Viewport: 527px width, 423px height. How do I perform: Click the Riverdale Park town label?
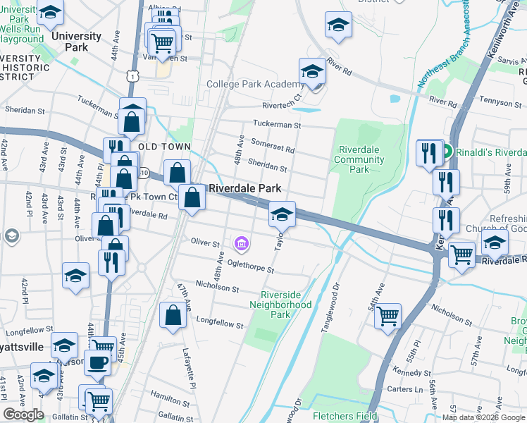[x=245, y=189]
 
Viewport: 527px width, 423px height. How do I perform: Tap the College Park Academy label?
[x=255, y=84]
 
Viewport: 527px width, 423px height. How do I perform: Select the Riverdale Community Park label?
[x=360, y=159]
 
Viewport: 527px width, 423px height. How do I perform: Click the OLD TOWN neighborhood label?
[x=165, y=146]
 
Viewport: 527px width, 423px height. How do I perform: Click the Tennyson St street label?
[x=498, y=103]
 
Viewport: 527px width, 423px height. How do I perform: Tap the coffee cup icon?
[x=98, y=362]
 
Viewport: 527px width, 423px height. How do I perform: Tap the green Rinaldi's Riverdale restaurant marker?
[x=447, y=152]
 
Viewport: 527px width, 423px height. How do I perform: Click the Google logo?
[x=23, y=415]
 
